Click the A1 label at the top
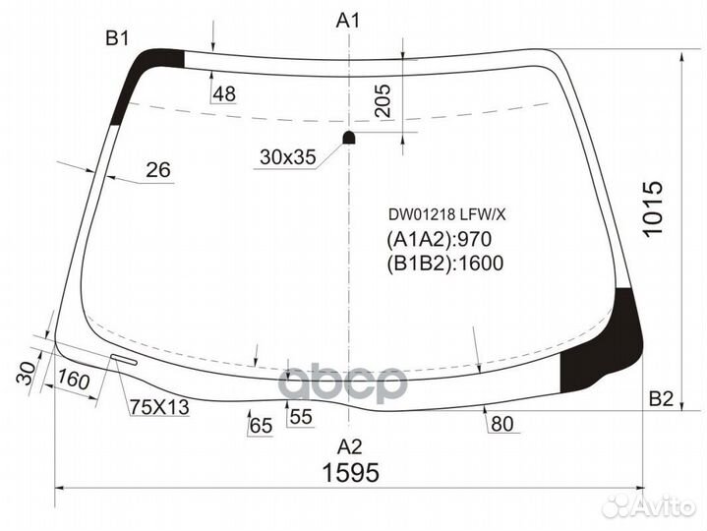[349, 20]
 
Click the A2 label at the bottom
[349, 443]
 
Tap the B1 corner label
[118, 38]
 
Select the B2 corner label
[662, 398]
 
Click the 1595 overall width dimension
[352, 473]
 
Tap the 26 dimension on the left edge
[157, 170]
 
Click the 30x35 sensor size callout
[287, 156]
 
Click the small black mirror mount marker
[348, 137]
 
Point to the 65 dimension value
[260, 426]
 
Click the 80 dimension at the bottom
[501, 423]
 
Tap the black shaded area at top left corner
[138, 79]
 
